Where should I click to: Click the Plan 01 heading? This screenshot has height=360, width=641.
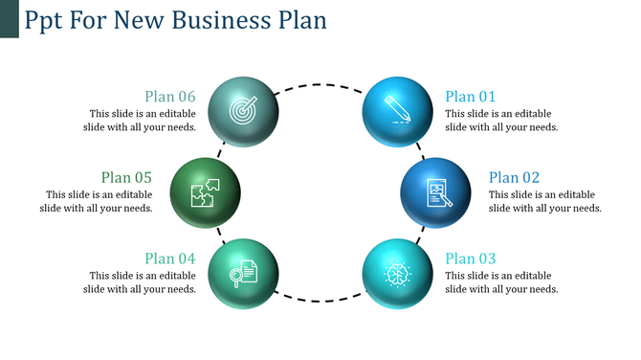(x=471, y=96)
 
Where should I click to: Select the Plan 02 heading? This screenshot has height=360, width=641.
(x=514, y=177)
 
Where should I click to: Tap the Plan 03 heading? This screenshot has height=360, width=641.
(x=471, y=259)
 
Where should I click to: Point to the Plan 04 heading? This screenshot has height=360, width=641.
(x=170, y=259)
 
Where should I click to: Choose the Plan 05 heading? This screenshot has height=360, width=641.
(x=127, y=177)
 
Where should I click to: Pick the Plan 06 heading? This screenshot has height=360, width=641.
(x=170, y=96)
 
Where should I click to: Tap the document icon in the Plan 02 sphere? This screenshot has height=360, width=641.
(x=437, y=193)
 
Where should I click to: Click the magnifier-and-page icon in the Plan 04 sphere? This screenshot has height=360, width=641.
(x=242, y=273)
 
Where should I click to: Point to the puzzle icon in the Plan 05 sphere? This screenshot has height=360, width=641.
(x=205, y=191)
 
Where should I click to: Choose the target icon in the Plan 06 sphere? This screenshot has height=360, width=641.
(x=243, y=111)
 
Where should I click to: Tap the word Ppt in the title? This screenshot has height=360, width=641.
(x=43, y=20)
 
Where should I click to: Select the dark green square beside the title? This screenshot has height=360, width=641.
(x=9, y=19)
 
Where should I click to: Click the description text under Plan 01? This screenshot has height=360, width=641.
(x=501, y=120)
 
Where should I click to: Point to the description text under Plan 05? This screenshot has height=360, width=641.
(x=97, y=201)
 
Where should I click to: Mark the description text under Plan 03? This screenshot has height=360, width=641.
(x=501, y=282)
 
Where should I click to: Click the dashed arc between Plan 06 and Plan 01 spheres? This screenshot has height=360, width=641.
(x=320, y=83)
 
